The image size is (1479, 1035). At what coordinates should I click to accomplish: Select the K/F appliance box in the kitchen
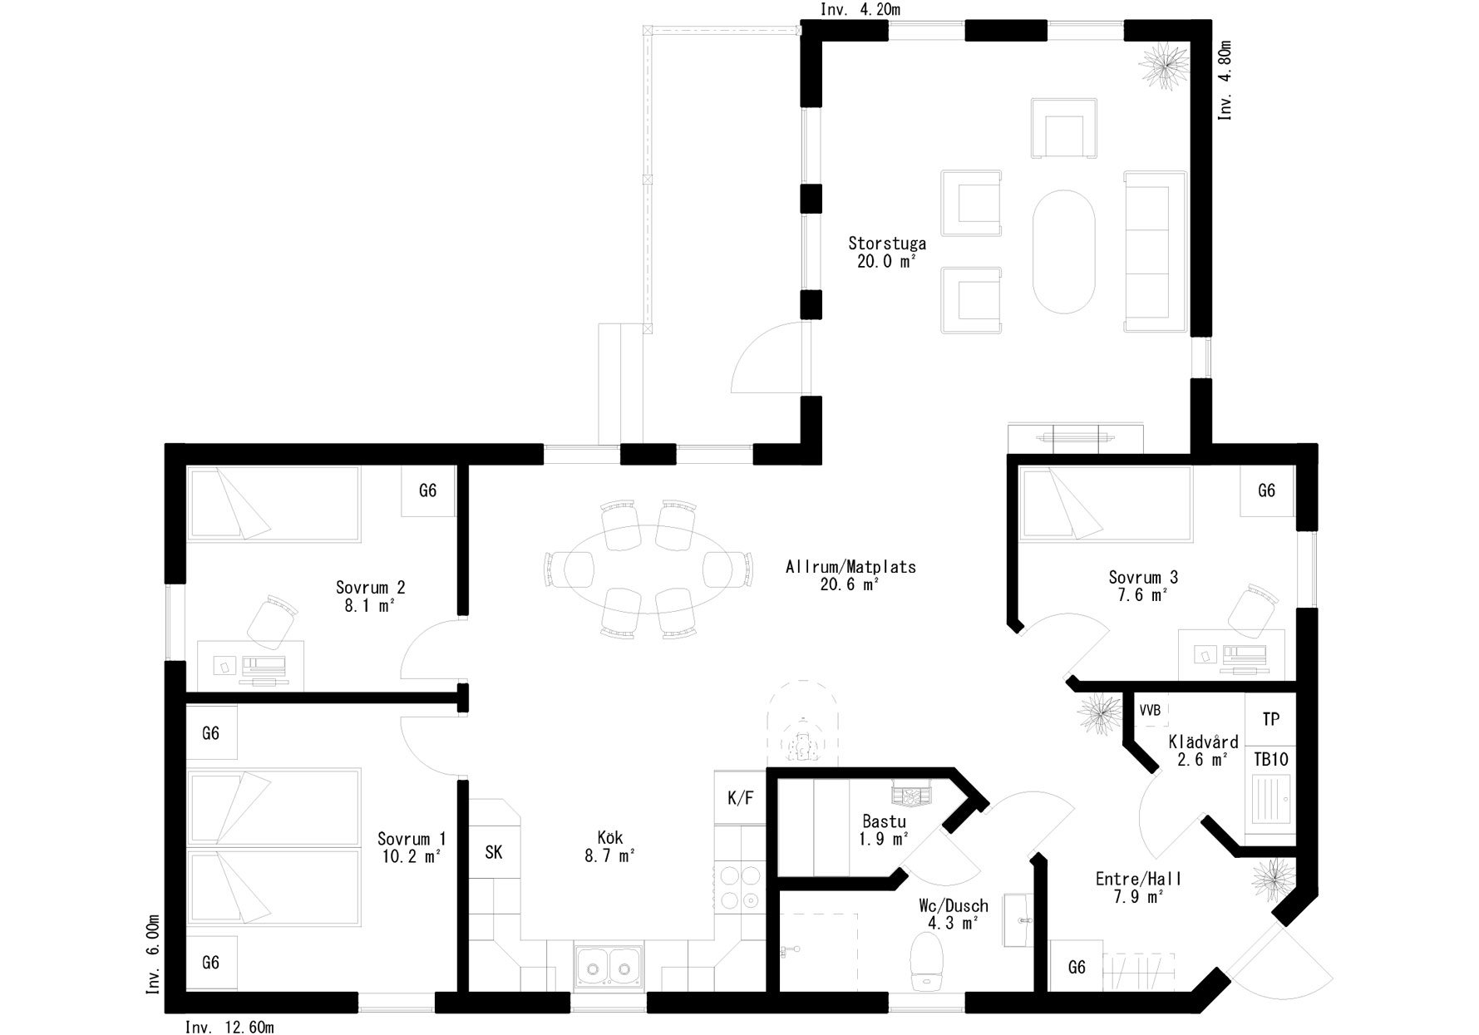(740, 798)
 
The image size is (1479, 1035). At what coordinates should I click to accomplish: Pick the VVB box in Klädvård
(1150, 711)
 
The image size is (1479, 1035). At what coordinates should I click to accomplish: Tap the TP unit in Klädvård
(1270, 719)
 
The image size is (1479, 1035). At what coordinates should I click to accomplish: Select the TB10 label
(1270, 759)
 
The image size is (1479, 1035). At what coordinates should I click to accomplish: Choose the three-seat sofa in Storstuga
(1154, 252)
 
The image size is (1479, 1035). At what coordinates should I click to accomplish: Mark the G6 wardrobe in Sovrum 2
(428, 490)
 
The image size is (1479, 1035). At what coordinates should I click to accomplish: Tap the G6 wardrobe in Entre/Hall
(1077, 967)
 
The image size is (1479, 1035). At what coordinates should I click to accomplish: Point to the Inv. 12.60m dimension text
(229, 1027)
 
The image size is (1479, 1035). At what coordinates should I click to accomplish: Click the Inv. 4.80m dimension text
(1225, 81)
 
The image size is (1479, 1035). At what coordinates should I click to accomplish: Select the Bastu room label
(883, 821)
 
